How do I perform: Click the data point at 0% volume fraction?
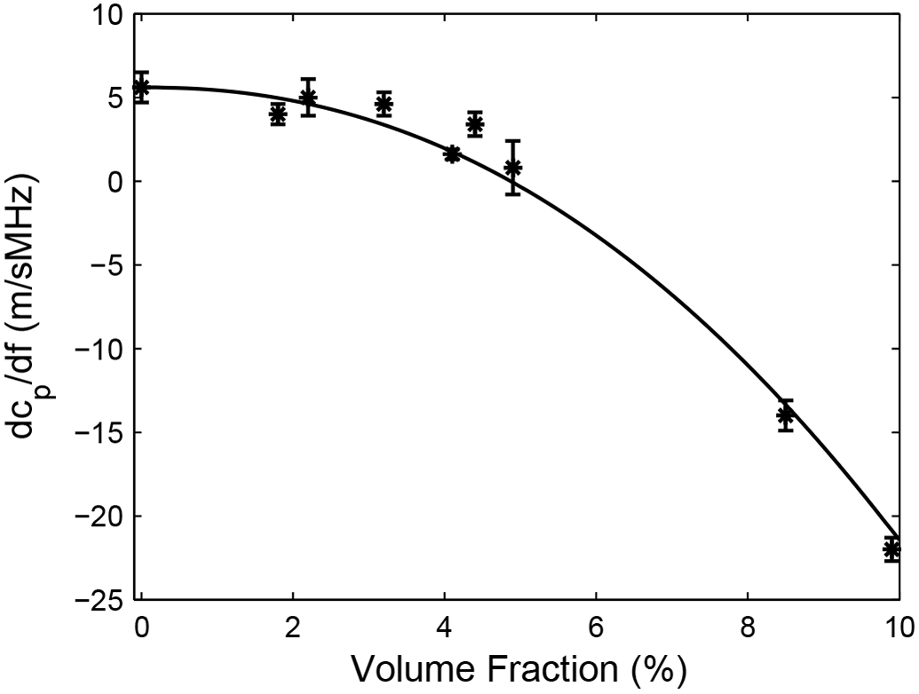pyautogui.click(x=141, y=87)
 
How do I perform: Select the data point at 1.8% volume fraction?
pyautogui.click(x=278, y=114)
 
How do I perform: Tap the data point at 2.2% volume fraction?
pyautogui.click(x=308, y=98)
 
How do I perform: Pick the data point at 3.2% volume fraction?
pyautogui.click(x=384, y=103)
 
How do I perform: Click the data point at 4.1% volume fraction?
pyautogui.click(x=452, y=154)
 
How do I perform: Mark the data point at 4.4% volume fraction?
pyautogui.click(x=475, y=123)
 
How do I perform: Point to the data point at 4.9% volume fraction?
pyautogui.click(x=512, y=167)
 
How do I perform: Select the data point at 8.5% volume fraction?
pyautogui.click(x=785, y=414)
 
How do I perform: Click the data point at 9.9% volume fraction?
pyautogui.click(x=891, y=548)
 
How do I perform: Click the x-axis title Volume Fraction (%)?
pyautogui.click(x=520, y=666)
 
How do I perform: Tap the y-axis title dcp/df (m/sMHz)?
pyautogui.click(x=34, y=307)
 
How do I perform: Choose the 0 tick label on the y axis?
pyautogui.click(x=113, y=182)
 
